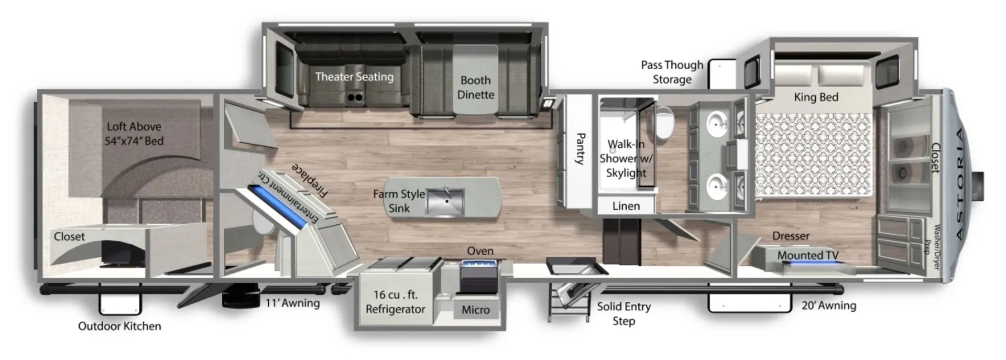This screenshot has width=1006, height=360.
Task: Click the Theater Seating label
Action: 354,77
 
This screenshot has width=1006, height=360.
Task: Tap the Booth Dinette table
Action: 475,79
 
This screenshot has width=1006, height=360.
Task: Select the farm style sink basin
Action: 445,203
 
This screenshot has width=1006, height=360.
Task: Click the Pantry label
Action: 581,148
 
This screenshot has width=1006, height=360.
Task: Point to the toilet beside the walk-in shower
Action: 663,123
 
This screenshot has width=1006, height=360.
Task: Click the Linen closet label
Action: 626,206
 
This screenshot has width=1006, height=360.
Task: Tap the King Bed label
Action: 816,97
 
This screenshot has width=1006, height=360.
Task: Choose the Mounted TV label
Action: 807,255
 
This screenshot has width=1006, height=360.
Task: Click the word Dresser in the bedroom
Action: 791,236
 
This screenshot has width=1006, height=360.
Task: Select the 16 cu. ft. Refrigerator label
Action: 396,302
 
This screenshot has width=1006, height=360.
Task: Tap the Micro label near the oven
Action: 475,310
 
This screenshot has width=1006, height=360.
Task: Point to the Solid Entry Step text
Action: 624,313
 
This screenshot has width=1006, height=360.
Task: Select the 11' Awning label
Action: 292,303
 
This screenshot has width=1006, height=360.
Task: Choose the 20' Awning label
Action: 828,305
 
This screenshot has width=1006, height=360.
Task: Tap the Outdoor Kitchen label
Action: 119,326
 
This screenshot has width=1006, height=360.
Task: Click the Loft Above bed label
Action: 134,134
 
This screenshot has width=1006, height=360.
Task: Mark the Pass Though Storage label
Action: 672,72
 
